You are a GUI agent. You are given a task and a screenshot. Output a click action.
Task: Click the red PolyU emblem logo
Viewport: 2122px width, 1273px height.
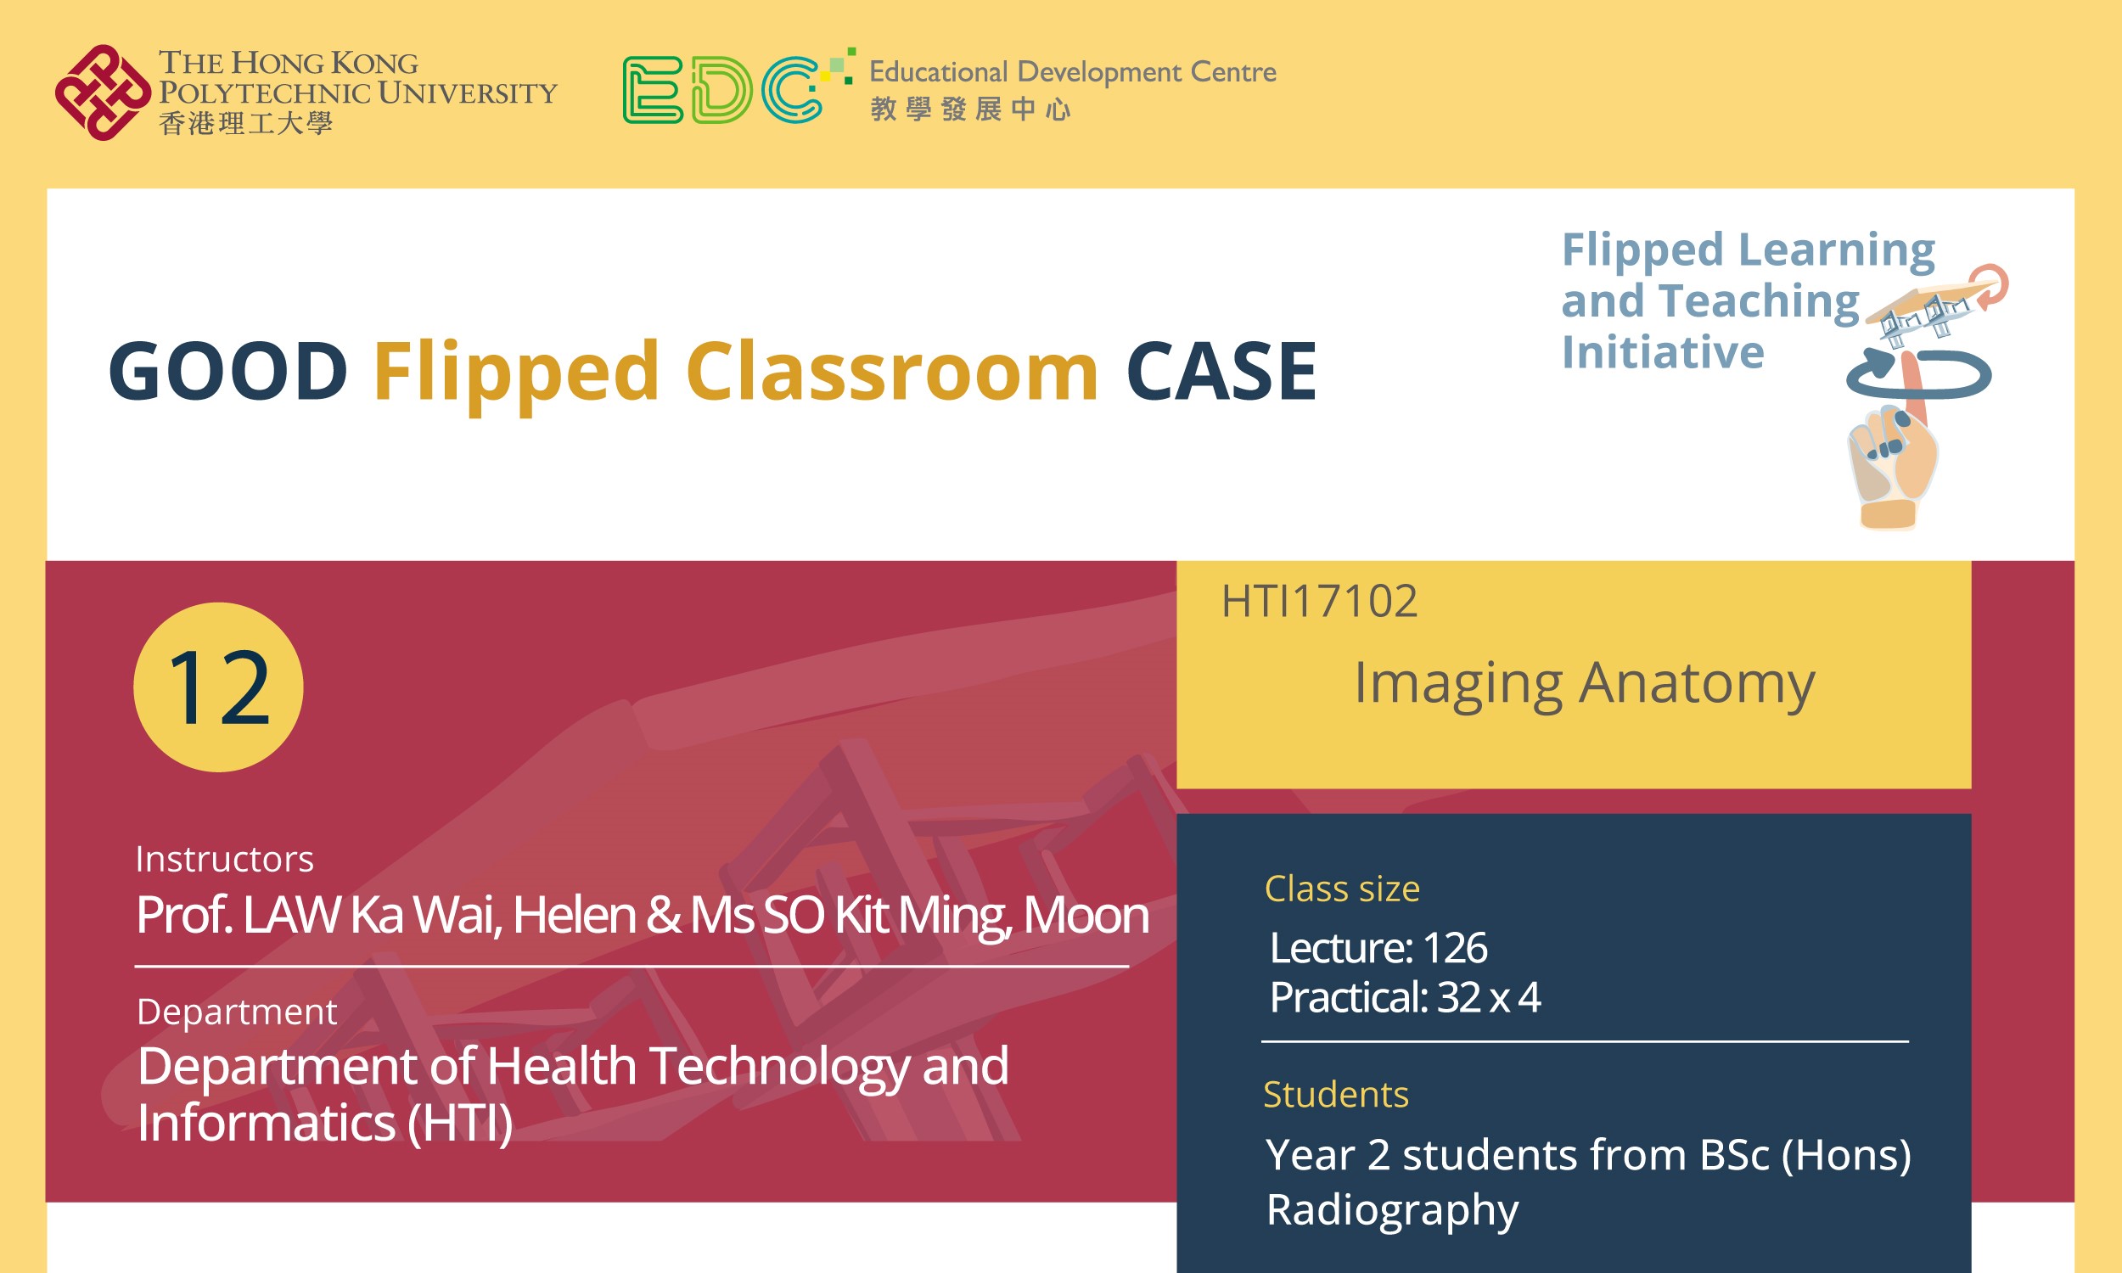click(102, 93)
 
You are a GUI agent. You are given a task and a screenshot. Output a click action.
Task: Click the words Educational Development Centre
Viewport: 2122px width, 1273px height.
click(1072, 72)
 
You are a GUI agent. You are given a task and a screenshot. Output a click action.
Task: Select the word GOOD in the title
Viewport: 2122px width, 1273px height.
click(228, 372)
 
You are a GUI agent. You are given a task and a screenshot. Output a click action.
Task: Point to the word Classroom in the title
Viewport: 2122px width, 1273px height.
click(892, 372)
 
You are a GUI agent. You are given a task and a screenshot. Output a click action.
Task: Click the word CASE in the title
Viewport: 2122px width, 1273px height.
click(1221, 372)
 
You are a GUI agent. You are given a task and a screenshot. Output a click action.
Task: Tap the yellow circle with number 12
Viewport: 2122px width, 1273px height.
click(218, 687)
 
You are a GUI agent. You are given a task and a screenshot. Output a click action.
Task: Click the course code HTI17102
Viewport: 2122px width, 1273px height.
click(1319, 602)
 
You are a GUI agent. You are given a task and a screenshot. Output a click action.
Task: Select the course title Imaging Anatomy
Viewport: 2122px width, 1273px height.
click(1584, 684)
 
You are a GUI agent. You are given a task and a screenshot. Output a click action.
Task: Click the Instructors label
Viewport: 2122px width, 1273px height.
click(225, 860)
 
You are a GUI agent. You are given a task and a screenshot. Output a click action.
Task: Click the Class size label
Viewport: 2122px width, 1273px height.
click(1341, 889)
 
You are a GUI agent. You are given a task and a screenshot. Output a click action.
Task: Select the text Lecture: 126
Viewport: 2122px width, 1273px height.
click(1378, 948)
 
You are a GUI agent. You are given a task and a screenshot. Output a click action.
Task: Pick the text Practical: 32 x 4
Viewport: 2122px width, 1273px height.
click(1405, 998)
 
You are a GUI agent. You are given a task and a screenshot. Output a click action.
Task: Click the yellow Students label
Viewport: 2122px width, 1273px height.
click(1335, 1095)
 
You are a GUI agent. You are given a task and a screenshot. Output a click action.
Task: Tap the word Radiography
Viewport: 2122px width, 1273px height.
click(1392, 1209)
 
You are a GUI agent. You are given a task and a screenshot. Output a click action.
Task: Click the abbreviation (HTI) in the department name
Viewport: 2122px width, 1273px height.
click(460, 1123)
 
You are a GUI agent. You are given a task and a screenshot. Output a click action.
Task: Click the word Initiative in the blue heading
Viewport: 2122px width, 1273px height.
click(1662, 352)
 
